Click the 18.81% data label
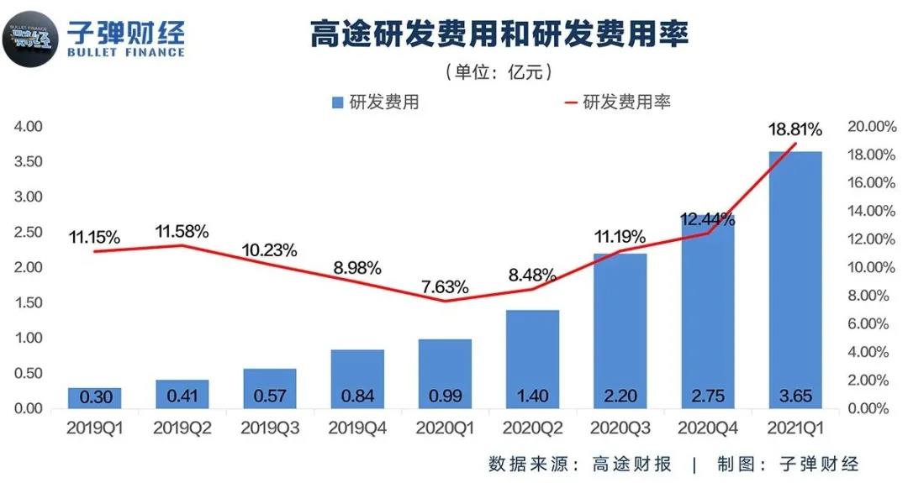795,130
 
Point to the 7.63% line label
445,286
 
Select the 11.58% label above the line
182,231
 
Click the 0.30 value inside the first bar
94,396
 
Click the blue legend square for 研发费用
337,102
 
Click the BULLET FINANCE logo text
125,52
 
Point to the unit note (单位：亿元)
499,72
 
